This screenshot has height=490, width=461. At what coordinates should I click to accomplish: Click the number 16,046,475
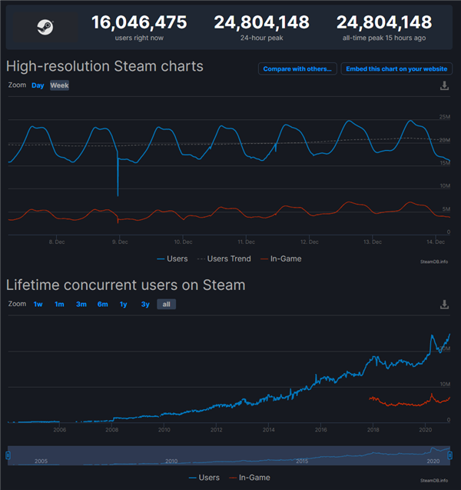tap(139, 22)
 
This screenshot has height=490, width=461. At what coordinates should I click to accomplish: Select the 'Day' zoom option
tap(38, 85)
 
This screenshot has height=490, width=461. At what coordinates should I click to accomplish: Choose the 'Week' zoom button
tap(59, 85)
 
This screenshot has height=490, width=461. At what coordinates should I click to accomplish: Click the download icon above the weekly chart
tap(444, 86)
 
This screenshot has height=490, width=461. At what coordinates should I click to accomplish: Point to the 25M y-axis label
tap(444, 117)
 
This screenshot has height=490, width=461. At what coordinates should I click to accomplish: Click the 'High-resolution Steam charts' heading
tap(104, 66)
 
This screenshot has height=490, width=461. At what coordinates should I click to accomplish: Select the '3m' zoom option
tap(81, 304)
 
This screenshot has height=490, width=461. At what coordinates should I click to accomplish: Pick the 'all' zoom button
tap(166, 304)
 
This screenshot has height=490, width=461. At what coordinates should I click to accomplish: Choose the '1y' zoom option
tap(123, 304)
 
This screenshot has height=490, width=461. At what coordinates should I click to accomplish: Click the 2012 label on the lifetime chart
tap(217, 430)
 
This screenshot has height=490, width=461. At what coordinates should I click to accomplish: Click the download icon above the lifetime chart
tap(444, 305)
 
